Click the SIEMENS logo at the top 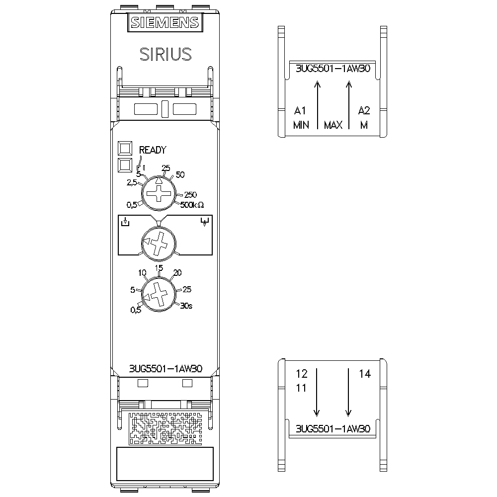point(165,22)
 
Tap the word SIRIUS point(165,54)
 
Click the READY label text point(152,150)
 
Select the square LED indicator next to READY point(125,149)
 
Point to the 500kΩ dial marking point(192,204)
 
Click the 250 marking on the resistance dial point(191,194)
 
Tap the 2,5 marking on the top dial point(132,183)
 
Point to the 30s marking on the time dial point(186,306)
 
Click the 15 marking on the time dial point(159,268)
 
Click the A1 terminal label point(300,110)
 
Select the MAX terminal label point(333,125)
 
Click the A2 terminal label point(364,110)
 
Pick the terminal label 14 point(365,374)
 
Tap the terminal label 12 point(301,373)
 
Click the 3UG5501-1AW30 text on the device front point(165,369)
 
